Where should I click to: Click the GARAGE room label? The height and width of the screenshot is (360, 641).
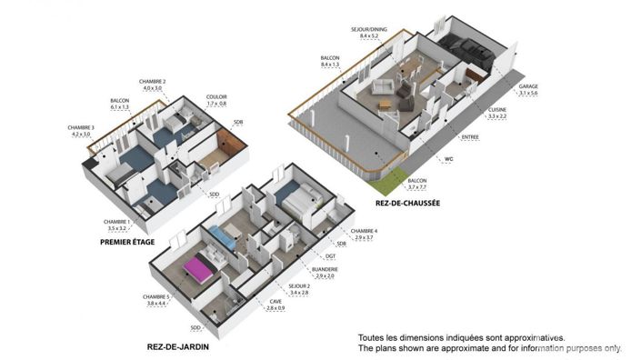click(x=527, y=87)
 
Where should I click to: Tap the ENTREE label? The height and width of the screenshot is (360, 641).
click(x=470, y=137)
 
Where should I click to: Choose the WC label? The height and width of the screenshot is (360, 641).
click(x=448, y=158)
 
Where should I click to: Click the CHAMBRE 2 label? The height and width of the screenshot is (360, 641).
click(x=152, y=82)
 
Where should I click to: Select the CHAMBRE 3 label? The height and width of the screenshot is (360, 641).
click(x=81, y=127)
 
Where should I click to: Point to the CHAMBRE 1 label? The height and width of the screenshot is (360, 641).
click(x=116, y=221)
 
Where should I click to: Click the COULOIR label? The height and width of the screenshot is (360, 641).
click(x=216, y=96)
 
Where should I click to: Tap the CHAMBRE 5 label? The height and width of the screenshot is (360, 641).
click(x=156, y=297)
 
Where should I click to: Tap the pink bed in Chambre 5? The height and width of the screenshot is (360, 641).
click(x=199, y=269)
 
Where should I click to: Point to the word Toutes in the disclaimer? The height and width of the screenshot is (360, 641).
click(x=373, y=336)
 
